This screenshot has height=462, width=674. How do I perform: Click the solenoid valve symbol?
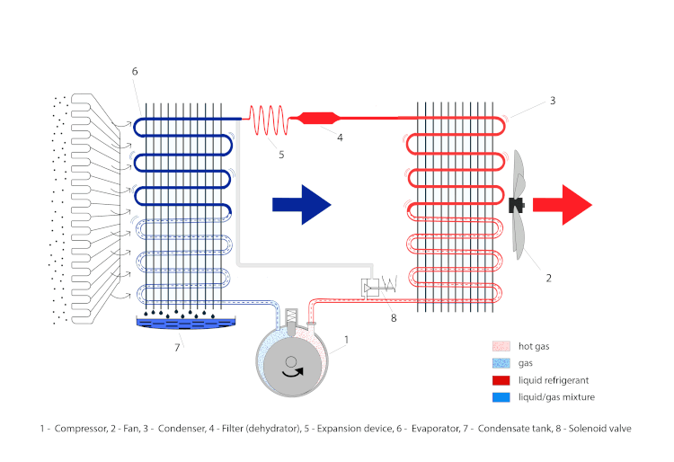[x=377, y=287]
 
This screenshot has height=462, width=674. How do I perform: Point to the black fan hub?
[x=516, y=205]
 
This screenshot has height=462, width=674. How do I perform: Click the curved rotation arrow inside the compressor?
[x=292, y=368]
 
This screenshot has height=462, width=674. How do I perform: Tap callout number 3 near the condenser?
[x=553, y=102]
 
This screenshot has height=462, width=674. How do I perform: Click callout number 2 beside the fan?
[x=549, y=279]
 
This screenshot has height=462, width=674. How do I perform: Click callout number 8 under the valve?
[x=392, y=315]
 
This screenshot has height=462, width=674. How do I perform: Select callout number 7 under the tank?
[x=177, y=346]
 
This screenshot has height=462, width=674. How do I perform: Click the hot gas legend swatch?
[x=502, y=346]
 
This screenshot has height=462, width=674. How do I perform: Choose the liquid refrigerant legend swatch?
[x=502, y=380]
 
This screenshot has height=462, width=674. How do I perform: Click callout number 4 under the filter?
[x=339, y=138]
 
